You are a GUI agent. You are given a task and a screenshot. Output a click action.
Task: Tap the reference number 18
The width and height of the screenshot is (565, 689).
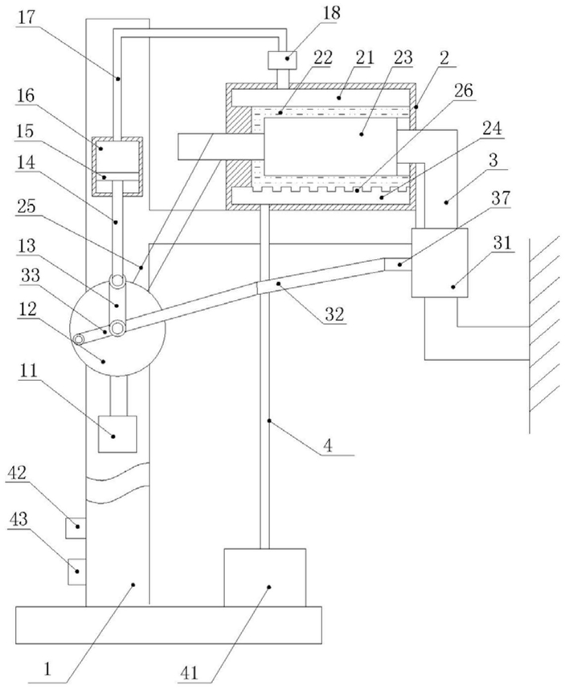[x=331, y=13]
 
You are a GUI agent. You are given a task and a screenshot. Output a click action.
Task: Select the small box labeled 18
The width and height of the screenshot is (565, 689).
[x=281, y=59]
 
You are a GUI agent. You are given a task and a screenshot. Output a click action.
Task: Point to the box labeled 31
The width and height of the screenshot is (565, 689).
[x=440, y=263]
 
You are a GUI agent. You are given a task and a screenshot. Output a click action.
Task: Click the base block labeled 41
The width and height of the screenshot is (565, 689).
[x=265, y=578]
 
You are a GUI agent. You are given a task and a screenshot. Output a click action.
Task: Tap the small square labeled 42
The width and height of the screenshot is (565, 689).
[x=75, y=527]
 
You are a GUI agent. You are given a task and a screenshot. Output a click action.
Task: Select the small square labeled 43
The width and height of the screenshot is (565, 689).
[x=76, y=572]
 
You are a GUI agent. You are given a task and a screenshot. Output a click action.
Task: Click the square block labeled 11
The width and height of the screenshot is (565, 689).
[x=117, y=433]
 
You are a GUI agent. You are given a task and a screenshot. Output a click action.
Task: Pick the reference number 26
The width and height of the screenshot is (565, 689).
[x=464, y=91]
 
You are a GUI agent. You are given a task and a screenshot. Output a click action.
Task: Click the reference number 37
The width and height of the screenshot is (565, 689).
[x=501, y=198]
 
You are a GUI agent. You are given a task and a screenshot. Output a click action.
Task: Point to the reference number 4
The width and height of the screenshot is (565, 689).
[x=328, y=446]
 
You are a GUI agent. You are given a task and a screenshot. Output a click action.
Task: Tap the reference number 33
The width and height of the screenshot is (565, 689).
[x=31, y=276]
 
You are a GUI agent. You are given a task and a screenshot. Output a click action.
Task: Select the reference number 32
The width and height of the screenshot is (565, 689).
[x=334, y=314]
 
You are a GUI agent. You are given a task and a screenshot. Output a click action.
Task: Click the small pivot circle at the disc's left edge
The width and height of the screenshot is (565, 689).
[x=80, y=339]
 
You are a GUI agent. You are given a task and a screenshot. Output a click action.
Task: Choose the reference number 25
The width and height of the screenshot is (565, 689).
[x=26, y=206]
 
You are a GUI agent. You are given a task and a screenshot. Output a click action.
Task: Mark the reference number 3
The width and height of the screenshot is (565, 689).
[x=493, y=160]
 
